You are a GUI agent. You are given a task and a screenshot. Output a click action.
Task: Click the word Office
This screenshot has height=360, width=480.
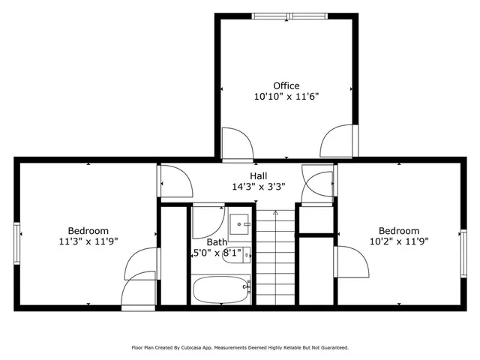[x=286, y=85]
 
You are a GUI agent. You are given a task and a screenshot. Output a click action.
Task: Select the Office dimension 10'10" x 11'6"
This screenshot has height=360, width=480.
[x=286, y=97]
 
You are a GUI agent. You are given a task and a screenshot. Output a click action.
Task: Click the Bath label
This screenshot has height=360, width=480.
[x=217, y=242]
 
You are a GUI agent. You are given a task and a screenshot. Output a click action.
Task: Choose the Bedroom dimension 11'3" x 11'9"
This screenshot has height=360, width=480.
[x=88, y=241]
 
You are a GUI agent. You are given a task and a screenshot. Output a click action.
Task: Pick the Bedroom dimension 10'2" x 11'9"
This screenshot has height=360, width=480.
[x=398, y=241]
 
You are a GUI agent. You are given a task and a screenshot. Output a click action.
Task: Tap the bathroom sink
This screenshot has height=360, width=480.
[x=240, y=222]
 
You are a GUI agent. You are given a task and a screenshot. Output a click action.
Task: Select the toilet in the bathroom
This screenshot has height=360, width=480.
[x=235, y=256]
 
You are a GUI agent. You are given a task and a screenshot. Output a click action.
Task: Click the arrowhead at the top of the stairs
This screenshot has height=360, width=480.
[x=275, y=213]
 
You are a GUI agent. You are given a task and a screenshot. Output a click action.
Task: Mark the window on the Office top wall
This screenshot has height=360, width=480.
[x=289, y=16]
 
